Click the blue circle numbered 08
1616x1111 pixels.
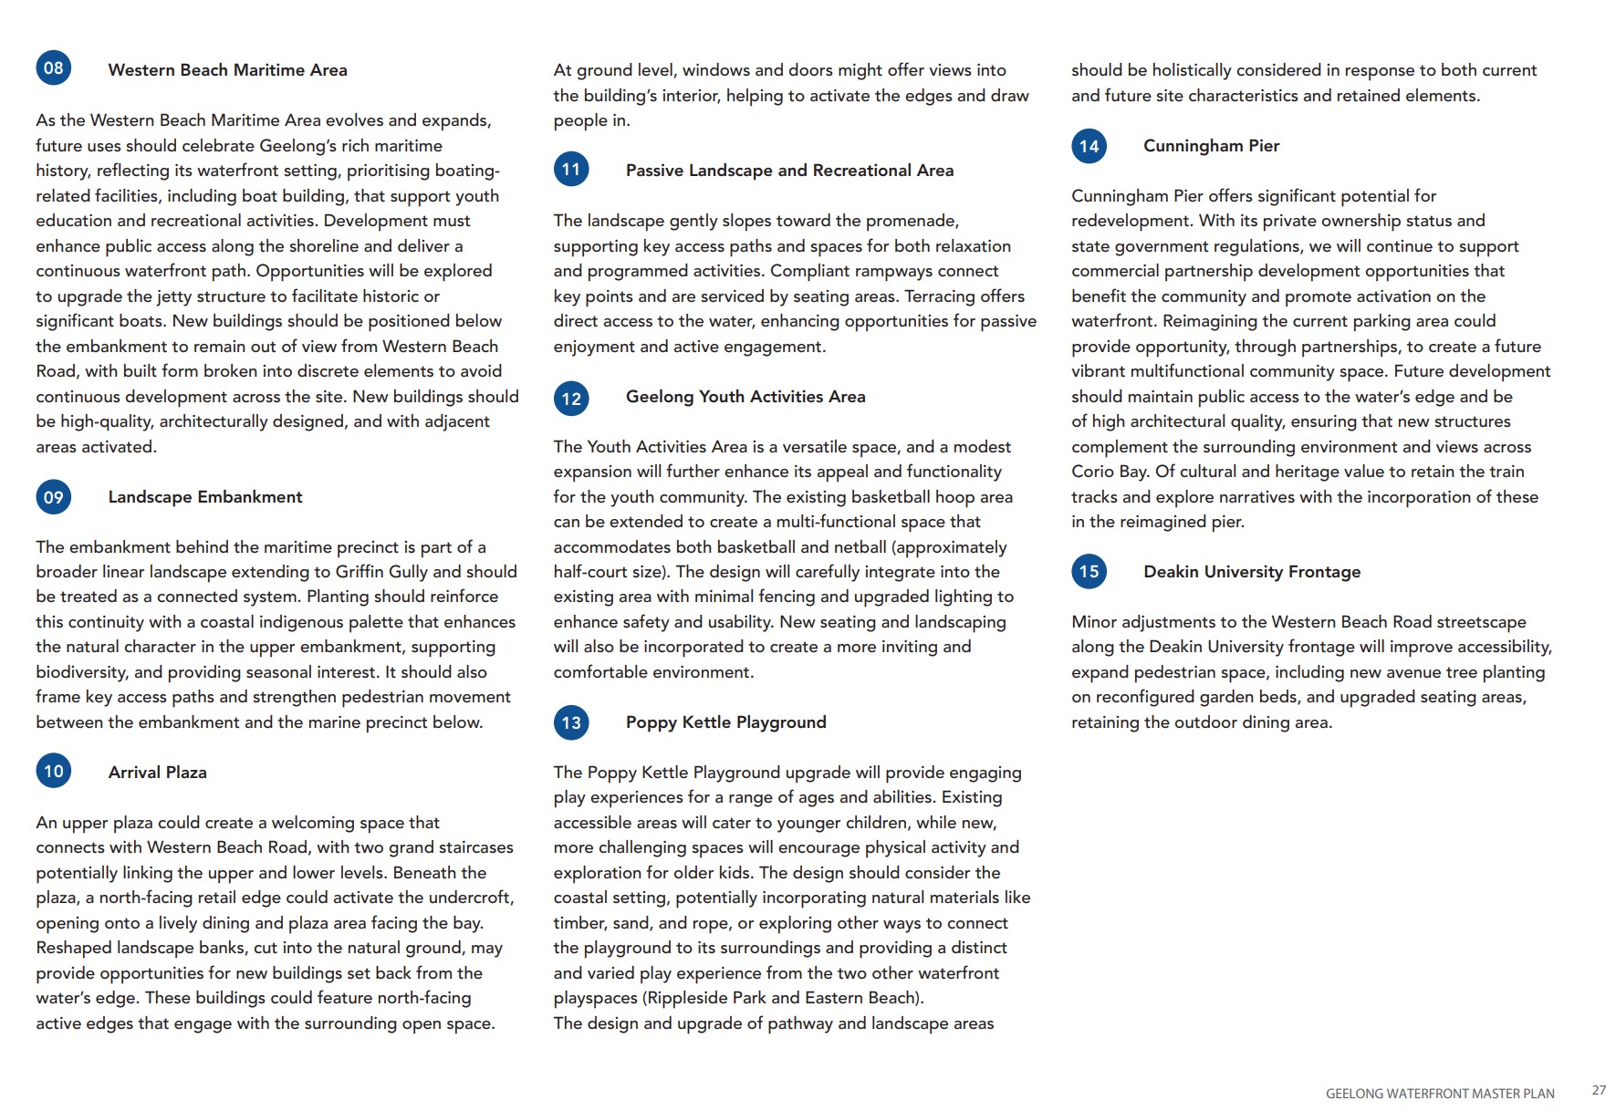[x=54, y=68]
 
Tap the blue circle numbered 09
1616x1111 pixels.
[x=54, y=497]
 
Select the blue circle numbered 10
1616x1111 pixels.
[x=54, y=772]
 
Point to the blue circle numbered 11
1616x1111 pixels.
[x=571, y=170]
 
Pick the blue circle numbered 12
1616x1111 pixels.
[x=571, y=399]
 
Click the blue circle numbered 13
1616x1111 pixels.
[x=571, y=723]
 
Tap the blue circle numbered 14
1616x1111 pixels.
[x=1089, y=146]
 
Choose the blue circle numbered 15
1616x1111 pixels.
[x=1089, y=572]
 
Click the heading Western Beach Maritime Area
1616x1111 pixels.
[x=227, y=70]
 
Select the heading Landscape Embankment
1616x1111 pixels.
[x=205, y=497]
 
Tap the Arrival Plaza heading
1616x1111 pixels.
[x=158, y=773]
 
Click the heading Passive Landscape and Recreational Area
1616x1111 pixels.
[x=789, y=171]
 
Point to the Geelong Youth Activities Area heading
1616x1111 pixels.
[x=745, y=397]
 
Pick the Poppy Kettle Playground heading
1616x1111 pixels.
[x=725, y=722]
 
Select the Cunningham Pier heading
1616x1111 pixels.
[x=1211, y=146]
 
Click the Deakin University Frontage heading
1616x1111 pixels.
[x=1252, y=572]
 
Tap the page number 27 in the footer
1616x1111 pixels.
[x=1599, y=1090]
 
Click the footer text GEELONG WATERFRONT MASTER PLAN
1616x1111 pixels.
[x=1439, y=1094]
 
